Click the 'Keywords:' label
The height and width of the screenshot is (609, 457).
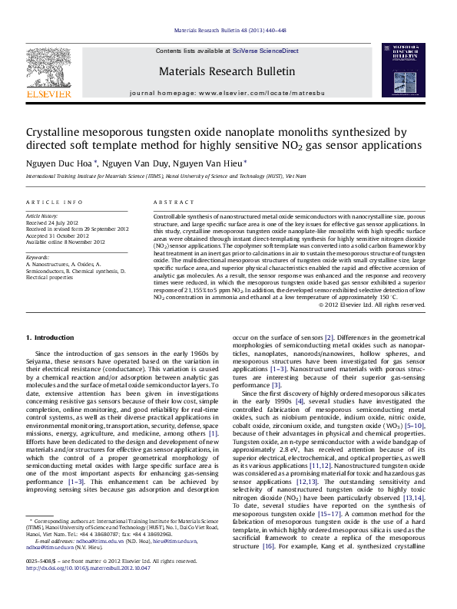click(38, 257)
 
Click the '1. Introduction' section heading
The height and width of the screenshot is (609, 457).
click(50, 338)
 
